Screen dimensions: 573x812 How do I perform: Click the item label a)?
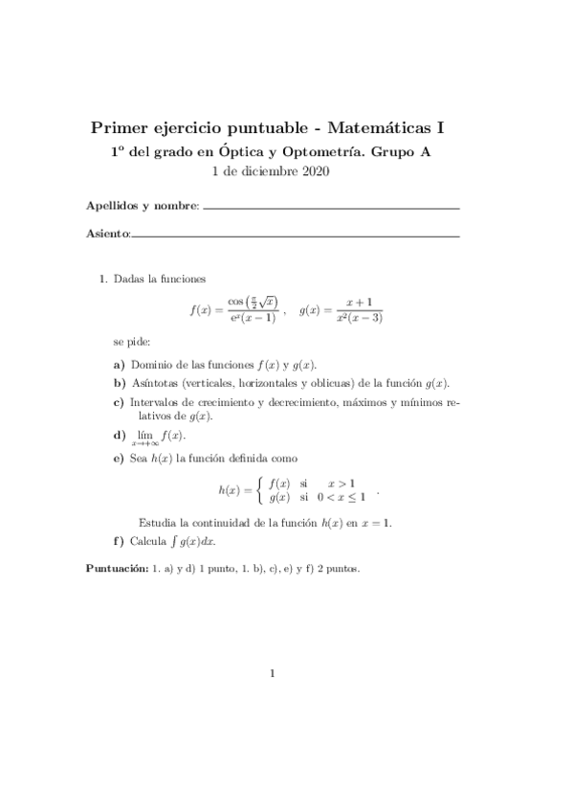(119, 365)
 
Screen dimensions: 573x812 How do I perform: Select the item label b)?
(119, 383)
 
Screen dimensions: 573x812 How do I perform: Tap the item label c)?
(119, 402)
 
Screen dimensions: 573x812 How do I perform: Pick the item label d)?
(119, 435)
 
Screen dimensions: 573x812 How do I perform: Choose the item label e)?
(119, 459)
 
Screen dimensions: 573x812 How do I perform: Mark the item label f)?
(119, 540)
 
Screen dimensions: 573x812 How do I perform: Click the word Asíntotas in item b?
(154, 383)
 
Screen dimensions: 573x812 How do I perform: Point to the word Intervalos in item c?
(156, 402)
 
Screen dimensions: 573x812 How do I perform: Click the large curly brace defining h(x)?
(260, 490)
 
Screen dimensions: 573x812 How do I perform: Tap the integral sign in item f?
(172, 541)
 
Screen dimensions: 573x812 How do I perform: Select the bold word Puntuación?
(115, 569)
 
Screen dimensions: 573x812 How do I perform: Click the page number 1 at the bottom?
(273, 673)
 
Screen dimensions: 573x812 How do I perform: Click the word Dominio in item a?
(152, 365)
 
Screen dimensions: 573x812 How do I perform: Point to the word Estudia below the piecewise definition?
(159, 523)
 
